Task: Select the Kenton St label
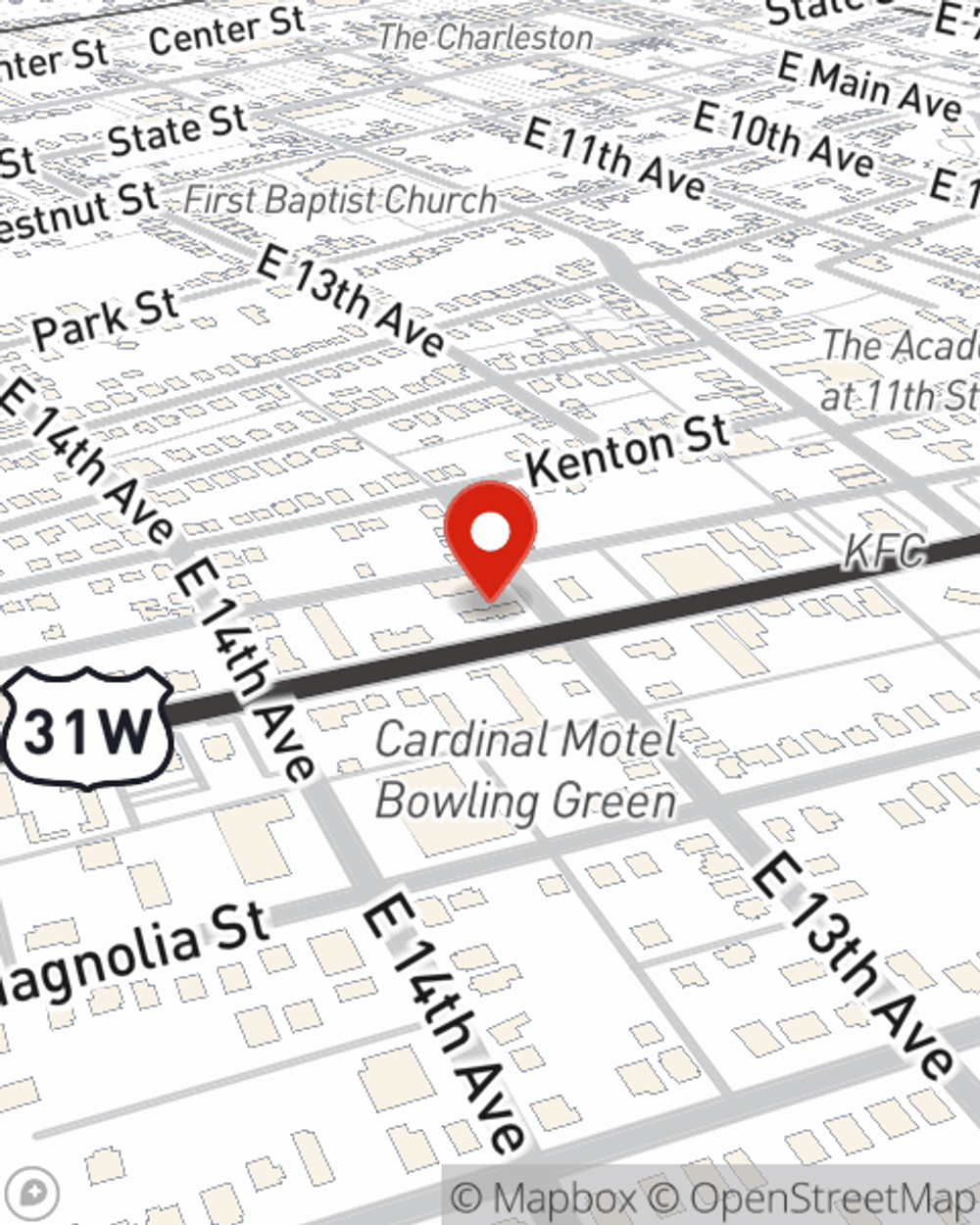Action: coord(628,450)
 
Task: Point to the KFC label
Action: coord(884,553)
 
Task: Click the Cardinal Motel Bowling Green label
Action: coord(526,770)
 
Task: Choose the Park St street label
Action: coord(105,319)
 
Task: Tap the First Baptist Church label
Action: coord(340,201)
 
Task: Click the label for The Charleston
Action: coord(485,38)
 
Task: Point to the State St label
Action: coord(177,129)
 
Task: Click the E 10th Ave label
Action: coord(783,139)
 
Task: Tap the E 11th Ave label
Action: coord(613,157)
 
